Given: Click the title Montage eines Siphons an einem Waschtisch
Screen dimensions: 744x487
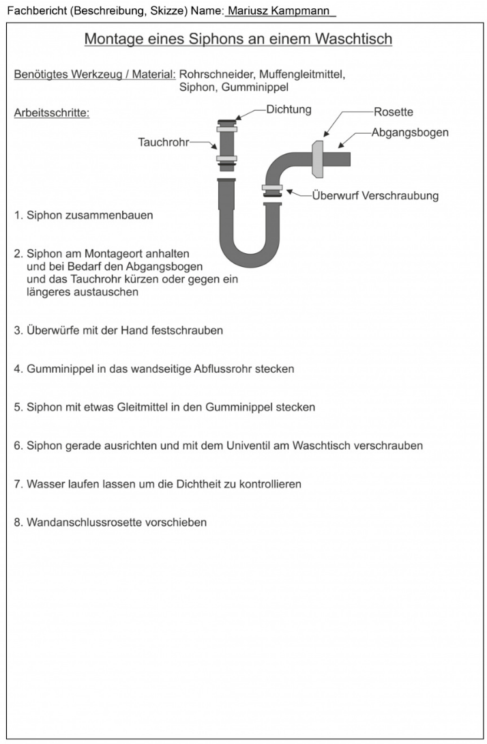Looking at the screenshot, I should click(x=238, y=39).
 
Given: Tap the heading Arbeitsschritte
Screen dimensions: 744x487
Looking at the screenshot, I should click(x=52, y=113).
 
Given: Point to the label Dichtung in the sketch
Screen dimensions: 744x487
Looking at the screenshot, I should click(x=289, y=109).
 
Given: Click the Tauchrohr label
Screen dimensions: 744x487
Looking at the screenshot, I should click(x=163, y=143).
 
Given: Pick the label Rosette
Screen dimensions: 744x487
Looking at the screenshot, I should click(x=393, y=112).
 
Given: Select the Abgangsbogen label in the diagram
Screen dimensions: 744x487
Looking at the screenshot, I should click(x=409, y=132).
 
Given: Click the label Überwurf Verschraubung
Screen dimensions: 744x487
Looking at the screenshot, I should click(x=375, y=196).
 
